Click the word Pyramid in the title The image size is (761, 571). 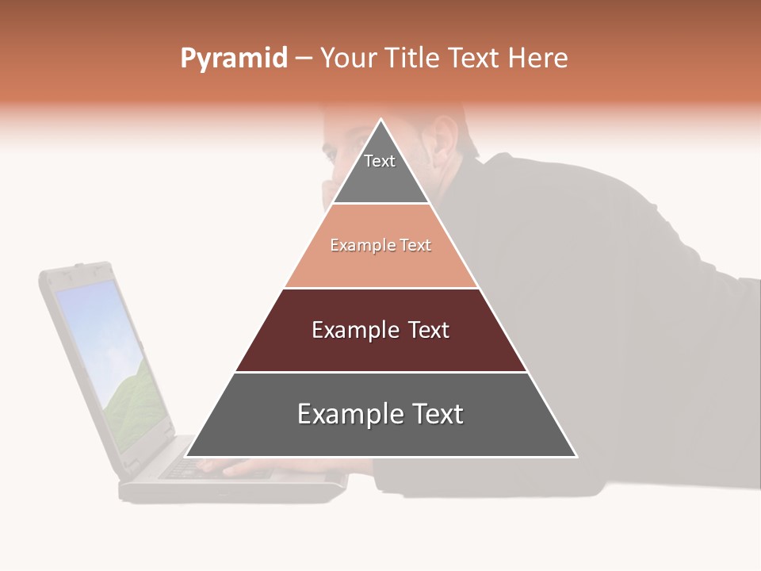(233, 59)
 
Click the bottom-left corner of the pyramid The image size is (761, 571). (186, 456)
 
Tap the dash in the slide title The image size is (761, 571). (304, 59)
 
